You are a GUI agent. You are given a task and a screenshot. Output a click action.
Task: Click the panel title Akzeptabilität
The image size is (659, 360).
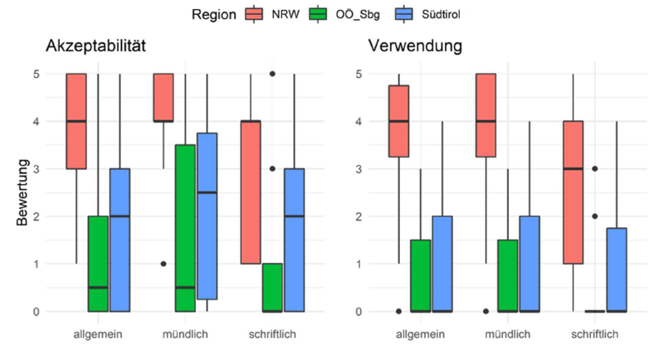click(x=96, y=46)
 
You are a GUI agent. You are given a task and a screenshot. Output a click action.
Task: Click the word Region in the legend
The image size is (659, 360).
click(x=213, y=14)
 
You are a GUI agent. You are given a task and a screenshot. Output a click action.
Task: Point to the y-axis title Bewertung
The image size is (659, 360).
click(x=23, y=192)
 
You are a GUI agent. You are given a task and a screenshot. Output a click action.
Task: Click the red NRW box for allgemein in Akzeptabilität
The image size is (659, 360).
click(x=76, y=121)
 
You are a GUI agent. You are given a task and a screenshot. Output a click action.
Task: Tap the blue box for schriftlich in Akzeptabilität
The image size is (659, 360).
click(x=295, y=240)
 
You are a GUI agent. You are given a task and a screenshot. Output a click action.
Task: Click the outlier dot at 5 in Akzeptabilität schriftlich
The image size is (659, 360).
click(x=273, y=74)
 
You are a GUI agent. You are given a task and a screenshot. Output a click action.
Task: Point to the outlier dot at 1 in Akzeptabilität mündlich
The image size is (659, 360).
click(x=163, y=264)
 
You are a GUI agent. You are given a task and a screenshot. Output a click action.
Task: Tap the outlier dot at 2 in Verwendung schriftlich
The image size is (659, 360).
click(x=595, y=216)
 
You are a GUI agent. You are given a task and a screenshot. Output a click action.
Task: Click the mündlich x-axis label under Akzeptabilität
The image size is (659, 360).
click(x=185, y=333)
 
